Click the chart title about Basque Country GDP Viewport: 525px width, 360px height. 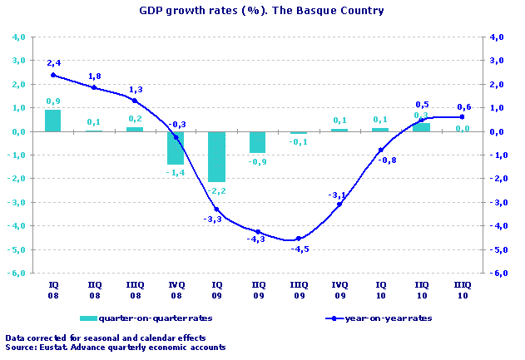[x=261, y=12]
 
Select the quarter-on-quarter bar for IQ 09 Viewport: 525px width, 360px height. [x=216, y=156]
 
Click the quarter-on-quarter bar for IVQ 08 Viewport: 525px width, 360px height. [x=176, y=147]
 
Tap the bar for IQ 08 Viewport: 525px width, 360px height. [x=52, y=121]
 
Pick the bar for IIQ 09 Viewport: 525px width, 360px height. [x=257, y=142]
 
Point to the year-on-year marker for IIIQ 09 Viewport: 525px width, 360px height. [x=298, y=239]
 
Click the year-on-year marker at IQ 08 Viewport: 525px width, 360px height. [x=52, y=75]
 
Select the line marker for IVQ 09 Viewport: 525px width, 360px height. [x=339, y=205]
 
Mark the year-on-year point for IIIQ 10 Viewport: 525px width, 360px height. [x=463, y=117]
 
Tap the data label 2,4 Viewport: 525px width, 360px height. [x=54, y=62]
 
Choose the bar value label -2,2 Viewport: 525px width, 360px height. [x=216, y=190]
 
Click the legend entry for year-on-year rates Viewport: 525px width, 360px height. [x=383, y=318]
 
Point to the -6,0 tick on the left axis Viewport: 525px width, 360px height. [x=18, y=274]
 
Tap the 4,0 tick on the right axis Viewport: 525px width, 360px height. [x=498, y=37]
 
